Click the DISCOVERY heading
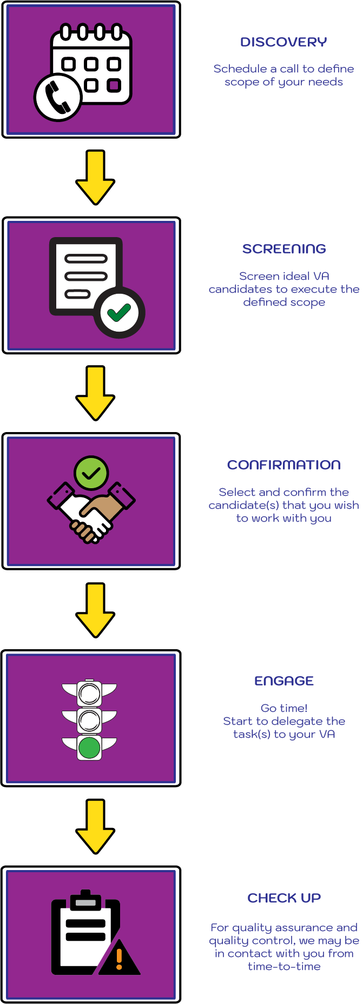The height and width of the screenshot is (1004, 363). (283, 42)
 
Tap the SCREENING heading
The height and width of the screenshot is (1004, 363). (284, 249)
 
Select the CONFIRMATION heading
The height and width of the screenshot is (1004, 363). (284, 465)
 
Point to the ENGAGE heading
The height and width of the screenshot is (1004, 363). (284, 681)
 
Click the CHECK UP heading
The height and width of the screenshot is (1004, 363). (284, 898)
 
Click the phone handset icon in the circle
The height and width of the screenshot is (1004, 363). (58, 98)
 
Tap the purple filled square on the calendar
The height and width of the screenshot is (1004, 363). (114, 85)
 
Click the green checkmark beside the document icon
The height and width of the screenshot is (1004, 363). (119, 312)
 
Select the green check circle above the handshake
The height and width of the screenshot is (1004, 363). (91, 473)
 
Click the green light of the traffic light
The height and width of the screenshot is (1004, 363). (89, 748)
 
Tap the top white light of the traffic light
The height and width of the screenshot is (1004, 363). (89, 693)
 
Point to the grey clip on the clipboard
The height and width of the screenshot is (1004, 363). (85, 902)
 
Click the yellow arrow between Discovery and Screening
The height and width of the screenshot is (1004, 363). (95, 177)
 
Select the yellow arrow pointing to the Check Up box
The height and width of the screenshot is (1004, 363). (95, 826)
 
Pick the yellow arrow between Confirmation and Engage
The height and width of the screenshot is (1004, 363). (95, 610)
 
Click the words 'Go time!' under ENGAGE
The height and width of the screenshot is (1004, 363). (284, 708)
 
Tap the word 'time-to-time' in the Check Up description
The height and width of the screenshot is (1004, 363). (284, 967)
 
